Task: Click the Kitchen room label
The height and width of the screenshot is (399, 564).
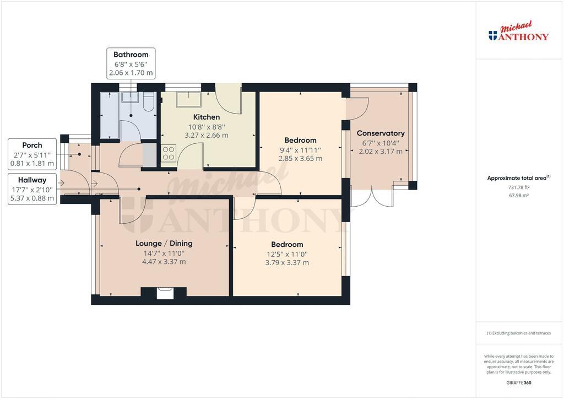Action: [207, 117]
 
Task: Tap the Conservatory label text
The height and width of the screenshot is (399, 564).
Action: [381, 133]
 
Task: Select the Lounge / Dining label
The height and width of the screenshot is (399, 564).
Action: [164, 243]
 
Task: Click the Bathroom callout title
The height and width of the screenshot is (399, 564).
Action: [131, 55]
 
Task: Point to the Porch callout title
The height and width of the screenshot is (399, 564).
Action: [32, 145]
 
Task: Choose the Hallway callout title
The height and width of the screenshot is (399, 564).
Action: [32, 180]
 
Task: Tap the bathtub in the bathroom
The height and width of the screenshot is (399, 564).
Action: [110, 115]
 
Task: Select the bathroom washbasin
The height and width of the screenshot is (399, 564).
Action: [130, 97]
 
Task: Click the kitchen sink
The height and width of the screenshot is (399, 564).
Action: [189, 99]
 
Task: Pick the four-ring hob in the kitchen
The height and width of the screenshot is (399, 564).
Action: [169, 153]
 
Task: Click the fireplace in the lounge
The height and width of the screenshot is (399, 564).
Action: [165, 293]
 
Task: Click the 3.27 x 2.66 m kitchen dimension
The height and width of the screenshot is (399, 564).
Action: [207, 135]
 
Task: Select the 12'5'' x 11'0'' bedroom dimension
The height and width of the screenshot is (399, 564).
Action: [287, 254]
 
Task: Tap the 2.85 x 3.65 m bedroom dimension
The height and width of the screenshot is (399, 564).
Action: [300, 158]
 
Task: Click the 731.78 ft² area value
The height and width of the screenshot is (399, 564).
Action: [519, 187]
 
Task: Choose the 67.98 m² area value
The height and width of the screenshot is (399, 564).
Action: [519, 195]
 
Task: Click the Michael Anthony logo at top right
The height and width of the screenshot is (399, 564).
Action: [518, 31]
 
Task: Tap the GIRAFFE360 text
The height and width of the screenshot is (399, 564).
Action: [519, 383]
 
